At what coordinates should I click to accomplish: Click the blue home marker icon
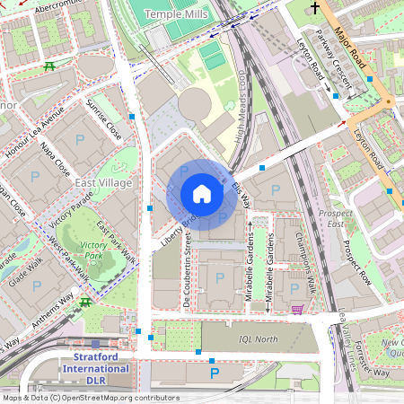[x=202, y=194]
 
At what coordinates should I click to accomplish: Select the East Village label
[x=103, y=183]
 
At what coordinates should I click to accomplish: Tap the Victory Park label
[x=92, y=250]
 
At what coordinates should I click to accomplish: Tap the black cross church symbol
[x=314, y=8]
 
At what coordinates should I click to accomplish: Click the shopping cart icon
[x=296, y=309]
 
